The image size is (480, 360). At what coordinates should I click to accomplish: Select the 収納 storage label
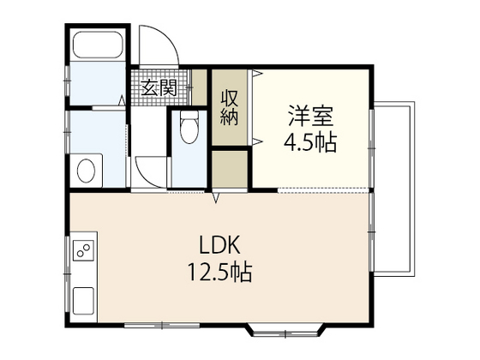pyautogui.click(x=230, y=107)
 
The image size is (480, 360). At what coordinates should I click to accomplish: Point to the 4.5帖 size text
pyautogui.click(x=309, y=141)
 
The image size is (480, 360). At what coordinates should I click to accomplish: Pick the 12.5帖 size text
pyautogui.click(x=219, y=274)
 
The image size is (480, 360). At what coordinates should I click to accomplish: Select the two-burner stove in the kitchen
pyautogui.click(x=83, y=251)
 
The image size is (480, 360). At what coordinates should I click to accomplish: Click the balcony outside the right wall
pyautogui.click(x=395, y=189)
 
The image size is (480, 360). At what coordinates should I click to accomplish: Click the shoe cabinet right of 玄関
pyautogui.click(x=200, y=87)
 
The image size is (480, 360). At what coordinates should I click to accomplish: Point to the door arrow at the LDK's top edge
pyautogui.click(x=216, y=201)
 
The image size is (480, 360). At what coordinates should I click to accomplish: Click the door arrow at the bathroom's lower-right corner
pyautogui.click(x=121, y=103)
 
